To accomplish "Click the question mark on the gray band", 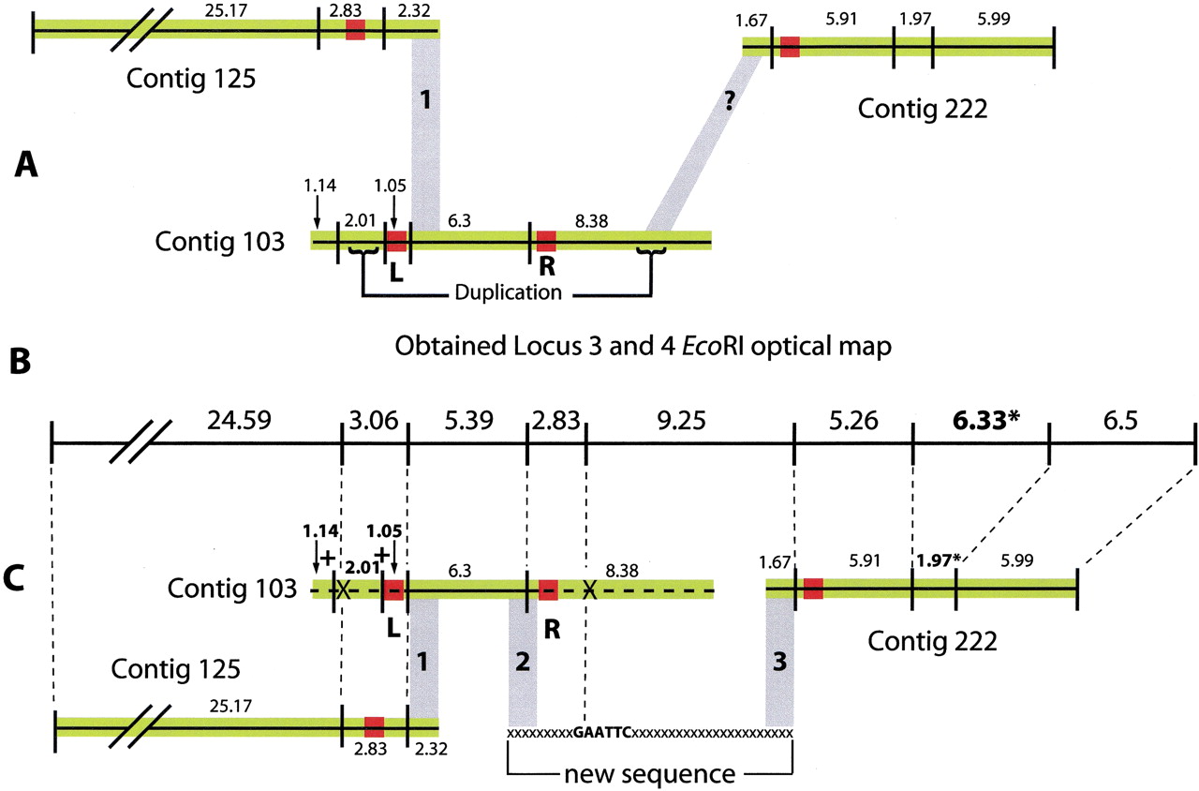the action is point(729,102).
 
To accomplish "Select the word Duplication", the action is point(508,292).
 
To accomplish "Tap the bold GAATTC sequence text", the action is point(601,732).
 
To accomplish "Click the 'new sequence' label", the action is point(650,773).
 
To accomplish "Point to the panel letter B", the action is point(21,361).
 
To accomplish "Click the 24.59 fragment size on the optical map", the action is point(239,421).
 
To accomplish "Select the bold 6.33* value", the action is point(985,421).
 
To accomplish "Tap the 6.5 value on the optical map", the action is point(1120,421).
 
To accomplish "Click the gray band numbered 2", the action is point(523,662).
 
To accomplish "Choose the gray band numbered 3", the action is point(779,662).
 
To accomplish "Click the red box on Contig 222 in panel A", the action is point(790,47).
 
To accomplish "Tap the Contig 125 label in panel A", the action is point(190,79).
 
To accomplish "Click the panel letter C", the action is point(13,579).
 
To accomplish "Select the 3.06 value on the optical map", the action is point(374,421).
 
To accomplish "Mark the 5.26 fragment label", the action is point(853,421).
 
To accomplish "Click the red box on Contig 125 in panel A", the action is point(355,29).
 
